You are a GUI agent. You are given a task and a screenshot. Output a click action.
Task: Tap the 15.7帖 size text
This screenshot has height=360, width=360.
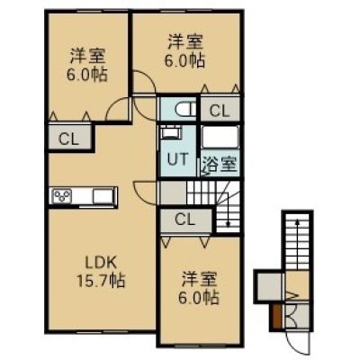coord(101,281)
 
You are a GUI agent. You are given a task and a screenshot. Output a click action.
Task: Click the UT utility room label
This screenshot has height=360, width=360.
coord(177,159)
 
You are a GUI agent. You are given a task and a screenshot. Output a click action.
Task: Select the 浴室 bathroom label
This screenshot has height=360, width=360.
coord(220,164)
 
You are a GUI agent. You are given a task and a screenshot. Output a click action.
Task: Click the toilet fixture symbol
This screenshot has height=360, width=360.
coord(184,109)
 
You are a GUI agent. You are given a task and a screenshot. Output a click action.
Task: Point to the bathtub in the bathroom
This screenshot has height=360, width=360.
coord(220,137)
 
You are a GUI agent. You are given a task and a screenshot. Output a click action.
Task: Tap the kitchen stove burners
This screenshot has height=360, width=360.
coord(62,196)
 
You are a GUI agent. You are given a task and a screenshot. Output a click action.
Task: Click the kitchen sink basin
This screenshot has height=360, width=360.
coord(103,196)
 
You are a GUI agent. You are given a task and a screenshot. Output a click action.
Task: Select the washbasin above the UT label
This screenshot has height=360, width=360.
coord(171,132)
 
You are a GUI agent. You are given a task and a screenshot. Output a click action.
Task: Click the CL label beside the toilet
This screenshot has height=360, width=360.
coord(220,111)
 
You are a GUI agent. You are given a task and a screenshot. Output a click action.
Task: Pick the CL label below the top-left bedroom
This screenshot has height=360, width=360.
coord(68,139)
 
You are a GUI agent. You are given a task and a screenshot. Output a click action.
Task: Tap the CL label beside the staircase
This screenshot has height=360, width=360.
coord(184,220)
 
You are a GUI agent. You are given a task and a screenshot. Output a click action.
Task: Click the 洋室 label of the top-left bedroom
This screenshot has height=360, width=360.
coord(87,56)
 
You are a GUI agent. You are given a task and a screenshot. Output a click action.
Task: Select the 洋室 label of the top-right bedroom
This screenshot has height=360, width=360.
coord(185,42)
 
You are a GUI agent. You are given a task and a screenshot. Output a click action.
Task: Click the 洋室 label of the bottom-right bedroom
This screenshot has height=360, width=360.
coord(199,280)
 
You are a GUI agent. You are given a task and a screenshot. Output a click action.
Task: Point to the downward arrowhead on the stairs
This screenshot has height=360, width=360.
coord(228,223)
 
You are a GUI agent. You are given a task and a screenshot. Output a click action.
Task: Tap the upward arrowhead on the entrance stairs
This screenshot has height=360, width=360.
coord(297,222)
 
